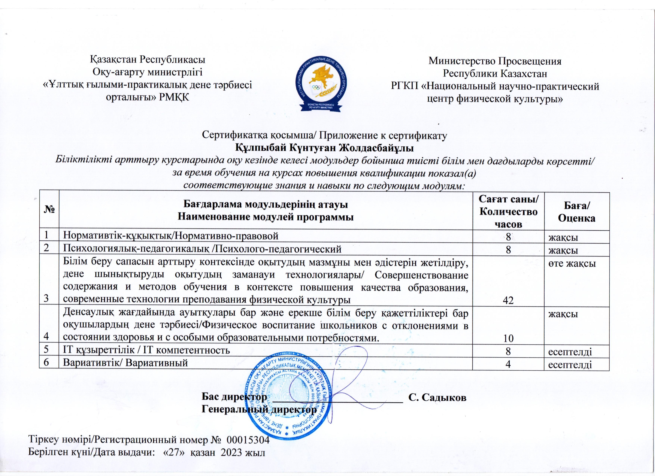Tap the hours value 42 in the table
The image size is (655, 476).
(508, 301)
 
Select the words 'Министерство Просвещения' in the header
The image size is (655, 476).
(495, 61)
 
